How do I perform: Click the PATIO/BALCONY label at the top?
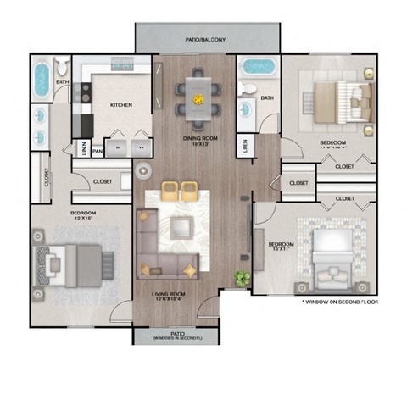[x=207, y=39]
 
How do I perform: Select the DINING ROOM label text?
[x=201, y=138]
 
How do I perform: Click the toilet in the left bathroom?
[x=62, y=68]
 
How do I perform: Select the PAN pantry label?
[x=98, y=152]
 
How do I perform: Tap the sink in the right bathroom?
[x=245, y=109]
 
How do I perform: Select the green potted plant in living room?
[x=243, y=276]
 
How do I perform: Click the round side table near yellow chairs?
[x=142, y=171]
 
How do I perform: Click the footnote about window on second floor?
[x=339, y=302]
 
